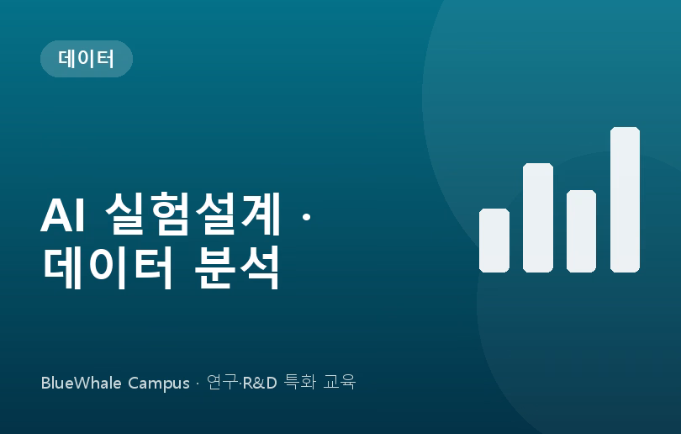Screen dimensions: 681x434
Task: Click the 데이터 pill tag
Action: [87, 59]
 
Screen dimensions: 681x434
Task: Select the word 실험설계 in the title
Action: [193, 214]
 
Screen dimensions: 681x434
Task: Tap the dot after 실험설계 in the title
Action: [306, 216]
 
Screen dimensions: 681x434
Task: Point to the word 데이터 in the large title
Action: [108, 267]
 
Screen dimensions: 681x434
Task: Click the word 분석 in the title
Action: [237, 267]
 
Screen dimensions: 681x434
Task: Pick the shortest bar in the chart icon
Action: [494, 241]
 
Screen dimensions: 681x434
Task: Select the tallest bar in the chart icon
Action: [625, 200]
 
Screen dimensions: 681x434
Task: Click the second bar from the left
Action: [538, 218]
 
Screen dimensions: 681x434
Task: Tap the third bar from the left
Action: [581, 231]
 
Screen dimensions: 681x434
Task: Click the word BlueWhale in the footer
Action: [82, 383]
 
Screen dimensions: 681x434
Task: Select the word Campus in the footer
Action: [159, 384]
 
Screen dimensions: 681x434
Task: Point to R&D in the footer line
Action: [260, 383]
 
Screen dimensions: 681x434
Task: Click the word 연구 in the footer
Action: [222, 383]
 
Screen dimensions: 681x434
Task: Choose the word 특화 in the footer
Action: [299, 383]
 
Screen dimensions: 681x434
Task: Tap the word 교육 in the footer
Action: [340, 383]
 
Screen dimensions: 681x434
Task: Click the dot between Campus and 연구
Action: [198, 384]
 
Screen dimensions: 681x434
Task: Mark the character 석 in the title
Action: [259, 267]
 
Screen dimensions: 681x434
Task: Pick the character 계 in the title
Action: [261, 214]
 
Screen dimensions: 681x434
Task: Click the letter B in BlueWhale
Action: [45, 383]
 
